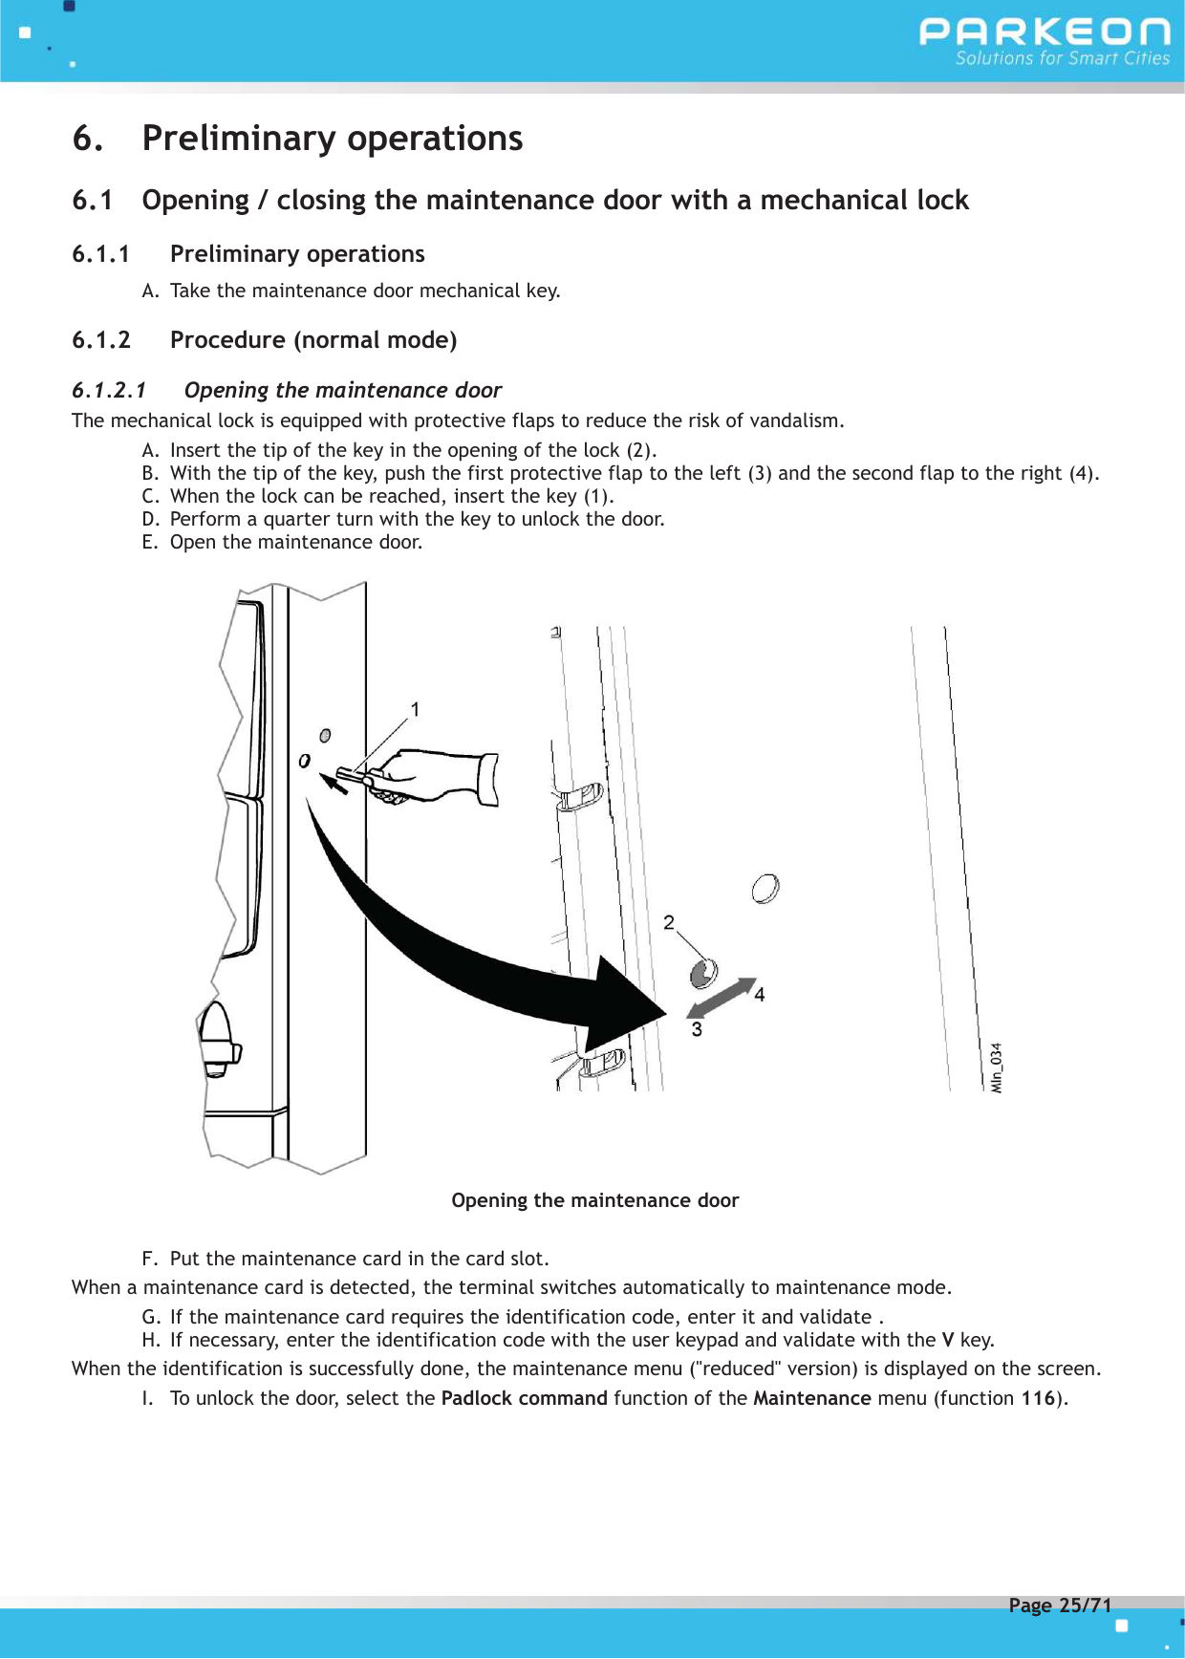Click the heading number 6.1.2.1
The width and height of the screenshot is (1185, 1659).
tap(109, 390)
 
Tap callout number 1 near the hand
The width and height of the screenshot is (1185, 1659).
tap(415, 709)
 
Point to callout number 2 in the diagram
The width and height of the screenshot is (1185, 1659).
tap(669, 922)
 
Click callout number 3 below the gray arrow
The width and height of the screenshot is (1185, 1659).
tap(697, 1029)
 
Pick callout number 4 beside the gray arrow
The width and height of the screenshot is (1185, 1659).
tap(760, 995)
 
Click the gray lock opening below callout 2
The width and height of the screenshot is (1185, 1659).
tap(703, 974)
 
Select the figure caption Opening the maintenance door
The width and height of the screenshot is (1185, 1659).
tap(594, 1200)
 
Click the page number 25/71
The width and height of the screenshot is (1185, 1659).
tap(1085, 1605)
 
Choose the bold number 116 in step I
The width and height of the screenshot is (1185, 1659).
tap(1038, 1398)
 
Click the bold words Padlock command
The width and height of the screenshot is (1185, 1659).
tap(524, 1398)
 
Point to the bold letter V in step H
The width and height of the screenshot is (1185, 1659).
tap(948, 1340)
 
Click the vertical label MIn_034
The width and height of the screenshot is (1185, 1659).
tap(997, 1067)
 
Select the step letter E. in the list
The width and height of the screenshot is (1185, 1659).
tap(150, 542)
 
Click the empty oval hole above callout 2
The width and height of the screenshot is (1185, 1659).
tap(765, 889)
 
